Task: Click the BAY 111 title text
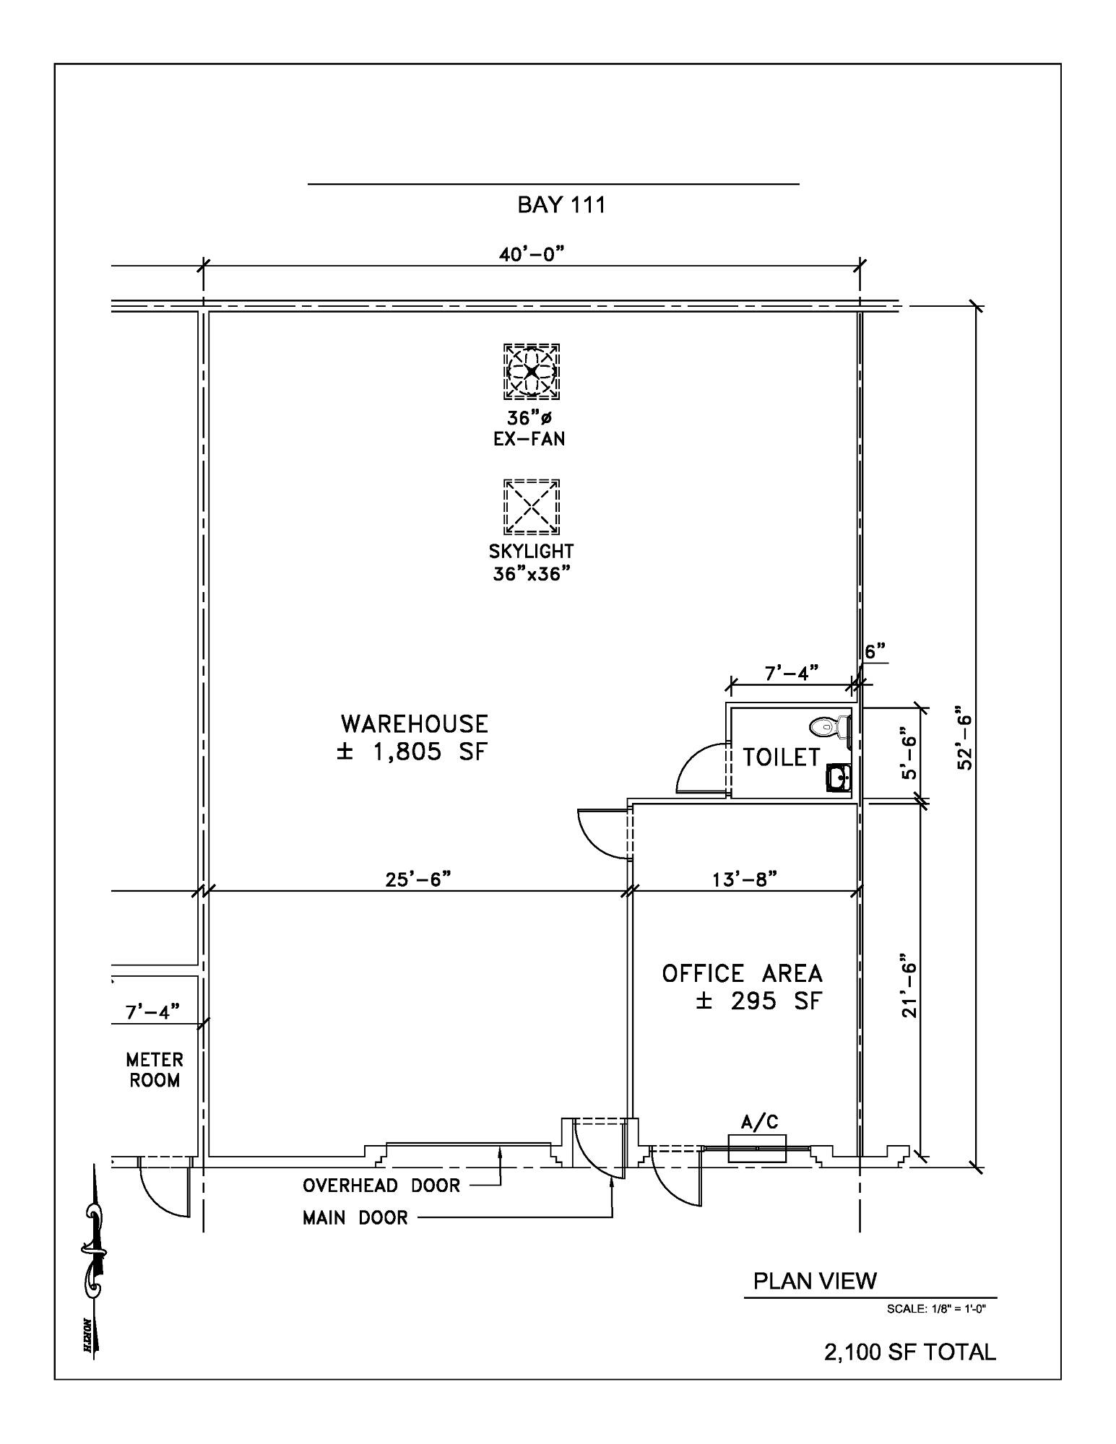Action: pyautogui.click(x=561, y=205)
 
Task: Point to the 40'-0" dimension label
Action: pyautogui.click(x=531, y=254)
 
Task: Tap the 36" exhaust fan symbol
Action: pyautogui.click(x=532, y=371)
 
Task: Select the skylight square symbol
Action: pyautogui.click(x=532, y=507)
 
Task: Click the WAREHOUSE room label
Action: pyautogui.click(x=415, y=723)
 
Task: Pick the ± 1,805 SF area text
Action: pyautogui.click(x=412, y=752)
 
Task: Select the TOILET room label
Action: pyautogui.click(x=782, y=757)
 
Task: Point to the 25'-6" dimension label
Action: pyautogui.click(x=417, y=879)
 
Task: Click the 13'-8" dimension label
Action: pyautogui.click(x=745, y=879)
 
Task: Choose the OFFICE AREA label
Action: pyautogui.click(x=743, y=973)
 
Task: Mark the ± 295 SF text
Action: pyautogui.click(x=759, y=1001)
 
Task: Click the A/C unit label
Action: pyautogui.click(x=760, y=1122)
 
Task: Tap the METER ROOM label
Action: pyautogui.click(x=155, y=1070)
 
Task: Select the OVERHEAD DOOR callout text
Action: pyautogui.click(x=381, y=1186)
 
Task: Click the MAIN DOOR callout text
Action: pyautogui.click(x=355, y=1218)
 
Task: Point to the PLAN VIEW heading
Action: pyautogui.click(x=816, y=1281)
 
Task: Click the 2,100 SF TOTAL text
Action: pyautogui.click(x=910, y=1352)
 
